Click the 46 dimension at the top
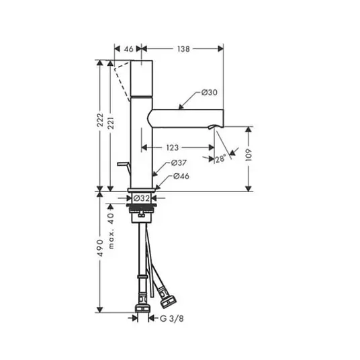point(128,49)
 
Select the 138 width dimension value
point(183,49)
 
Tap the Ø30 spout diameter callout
point(209,92)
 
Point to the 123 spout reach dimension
point(173,148)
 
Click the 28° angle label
point(221,159)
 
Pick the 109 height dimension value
point(249,155)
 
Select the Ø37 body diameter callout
point(179,163)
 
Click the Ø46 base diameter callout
point(181,176)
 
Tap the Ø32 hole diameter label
point(142,198)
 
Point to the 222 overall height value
point(100,120)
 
